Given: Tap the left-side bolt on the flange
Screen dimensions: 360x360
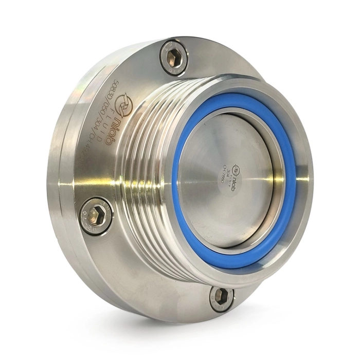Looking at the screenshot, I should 97,215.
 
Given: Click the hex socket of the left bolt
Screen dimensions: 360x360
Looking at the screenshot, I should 97,215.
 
